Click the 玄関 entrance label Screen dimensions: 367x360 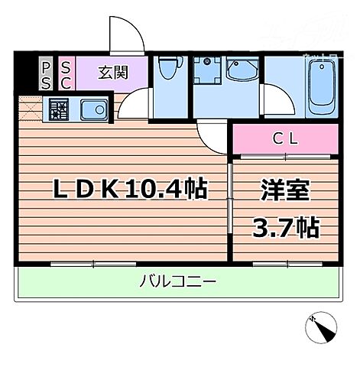coord(112,73)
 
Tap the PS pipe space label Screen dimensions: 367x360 coord(46,73)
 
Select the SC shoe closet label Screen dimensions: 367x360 coord(65,73)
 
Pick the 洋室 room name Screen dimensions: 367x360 coord(284,189)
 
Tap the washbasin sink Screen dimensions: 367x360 coord(243,73)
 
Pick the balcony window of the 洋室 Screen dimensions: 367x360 coord(284,264)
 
